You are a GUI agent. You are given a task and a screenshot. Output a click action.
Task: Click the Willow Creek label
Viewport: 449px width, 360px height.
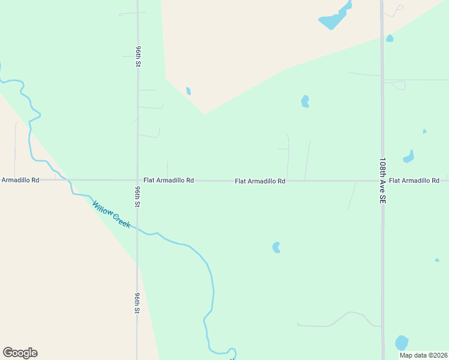tap(111, 214)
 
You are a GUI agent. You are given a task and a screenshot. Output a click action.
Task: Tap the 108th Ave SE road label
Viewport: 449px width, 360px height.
tap(382, 182)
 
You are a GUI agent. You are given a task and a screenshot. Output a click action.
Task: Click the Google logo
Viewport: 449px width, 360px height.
tap(20, 353)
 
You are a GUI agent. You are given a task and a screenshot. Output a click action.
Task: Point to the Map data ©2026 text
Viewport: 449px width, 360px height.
tap(423, 355)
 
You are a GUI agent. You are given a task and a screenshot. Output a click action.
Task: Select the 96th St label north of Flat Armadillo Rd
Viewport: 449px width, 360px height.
tap(138, 56)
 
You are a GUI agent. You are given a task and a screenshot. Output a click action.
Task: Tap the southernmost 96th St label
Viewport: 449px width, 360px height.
tap(137, 304)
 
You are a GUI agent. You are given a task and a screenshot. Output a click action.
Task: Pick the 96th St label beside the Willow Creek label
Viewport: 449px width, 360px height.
tap(137, 197)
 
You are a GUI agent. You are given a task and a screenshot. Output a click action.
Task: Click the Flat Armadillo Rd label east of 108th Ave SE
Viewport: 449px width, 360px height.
tap(414, 181)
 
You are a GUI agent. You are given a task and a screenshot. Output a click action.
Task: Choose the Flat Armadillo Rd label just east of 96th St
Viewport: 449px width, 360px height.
tap(169, 180)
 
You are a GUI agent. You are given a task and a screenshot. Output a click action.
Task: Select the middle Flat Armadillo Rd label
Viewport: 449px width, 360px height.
tap(260, 181)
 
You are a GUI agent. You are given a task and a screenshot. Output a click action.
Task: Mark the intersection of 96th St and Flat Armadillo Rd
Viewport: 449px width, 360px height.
tap(137, 180)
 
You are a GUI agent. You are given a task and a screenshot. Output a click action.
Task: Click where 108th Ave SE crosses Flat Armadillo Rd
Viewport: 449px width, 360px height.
tap(382, 180)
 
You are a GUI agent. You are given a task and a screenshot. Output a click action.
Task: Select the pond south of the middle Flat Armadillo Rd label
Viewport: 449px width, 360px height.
tap(276, 247)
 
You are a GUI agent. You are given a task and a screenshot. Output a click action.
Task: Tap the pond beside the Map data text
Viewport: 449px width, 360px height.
tap(402, 343)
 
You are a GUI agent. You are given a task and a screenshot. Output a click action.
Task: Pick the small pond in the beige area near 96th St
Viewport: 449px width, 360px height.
tap(188, 91)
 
